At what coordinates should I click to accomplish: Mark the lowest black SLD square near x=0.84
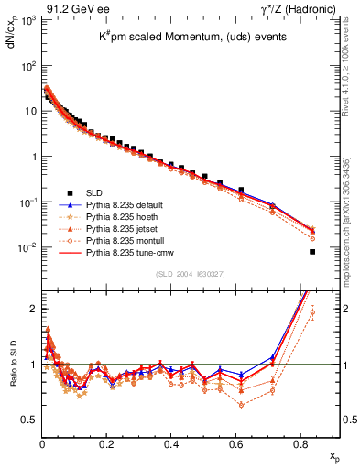312,252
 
